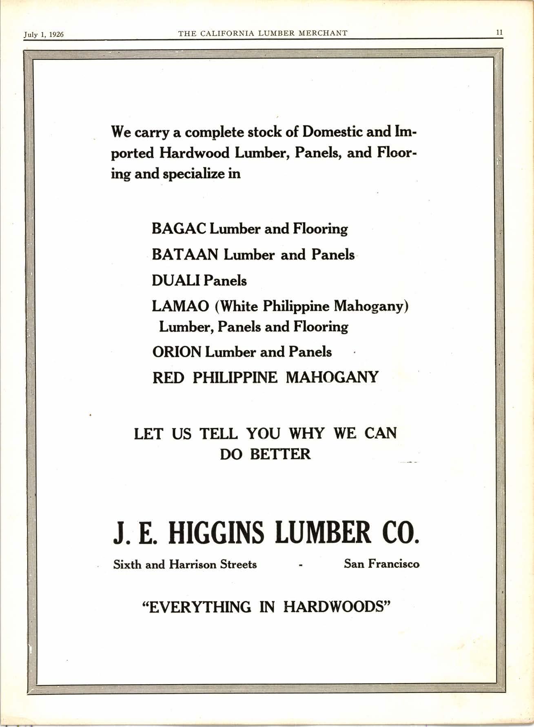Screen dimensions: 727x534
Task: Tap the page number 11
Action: click(499, 33)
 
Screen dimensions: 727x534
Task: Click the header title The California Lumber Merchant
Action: click(263, 33)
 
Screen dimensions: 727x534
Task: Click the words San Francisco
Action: click(381, 564)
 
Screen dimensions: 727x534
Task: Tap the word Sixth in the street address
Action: click(127, 565)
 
